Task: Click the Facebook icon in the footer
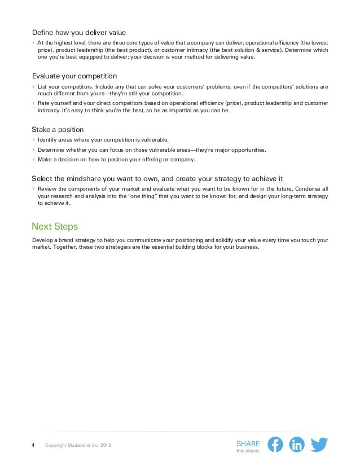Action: [x=275, y=445]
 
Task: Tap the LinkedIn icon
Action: [x=297, y=445]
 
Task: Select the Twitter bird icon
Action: [x=319, y=445]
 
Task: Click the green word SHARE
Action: [x=248, y=443]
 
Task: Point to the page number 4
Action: [x=33, y=446]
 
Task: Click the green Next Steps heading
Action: [x=55, y=226]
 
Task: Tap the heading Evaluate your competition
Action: [x=74, y=75]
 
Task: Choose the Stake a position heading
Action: [x=58, y=129]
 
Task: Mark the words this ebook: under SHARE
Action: [x=248, y=451]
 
